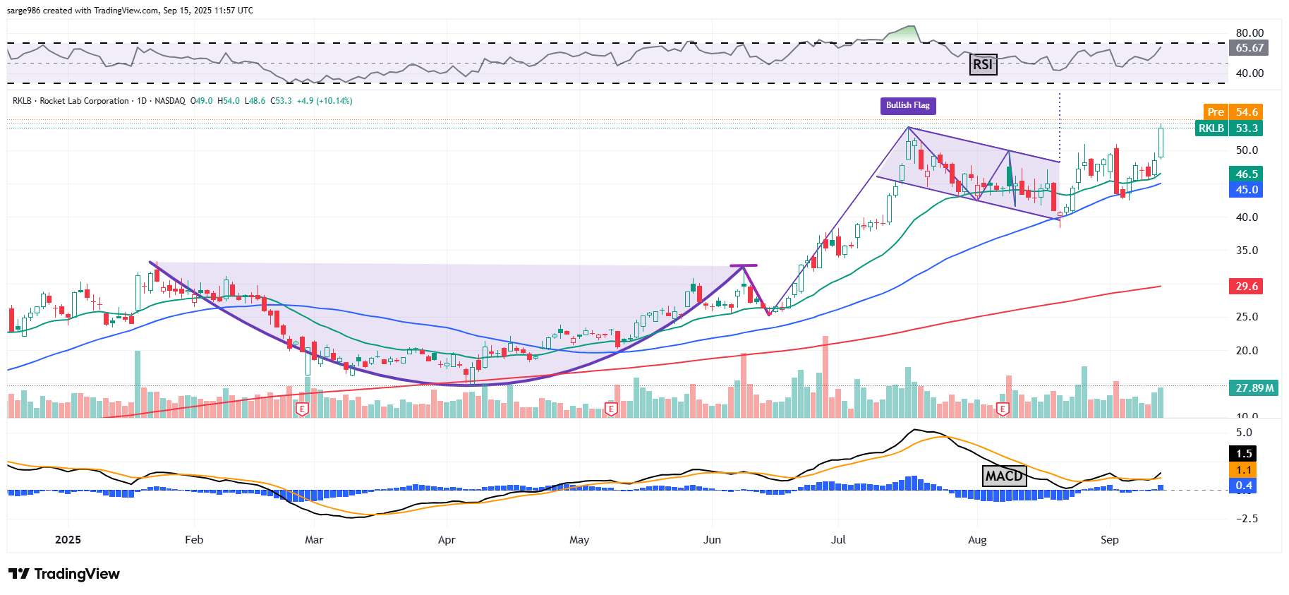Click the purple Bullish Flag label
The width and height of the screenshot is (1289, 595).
[907, 105]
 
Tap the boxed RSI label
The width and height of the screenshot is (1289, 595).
[982, 64]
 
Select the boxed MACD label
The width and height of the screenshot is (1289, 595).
[1004, 476]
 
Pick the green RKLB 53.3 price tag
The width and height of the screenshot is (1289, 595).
[1229, 128]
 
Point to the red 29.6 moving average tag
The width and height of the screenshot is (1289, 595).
[1246, 286]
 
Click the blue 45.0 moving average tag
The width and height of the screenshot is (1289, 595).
[1246, 189]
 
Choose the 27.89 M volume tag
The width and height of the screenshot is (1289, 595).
[1254, 387]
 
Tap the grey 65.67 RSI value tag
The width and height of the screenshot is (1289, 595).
[1249, 47]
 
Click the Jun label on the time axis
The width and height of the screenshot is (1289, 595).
[712, 539]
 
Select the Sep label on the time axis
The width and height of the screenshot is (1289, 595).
[1109, 539]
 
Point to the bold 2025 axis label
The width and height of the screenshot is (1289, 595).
[68, 539]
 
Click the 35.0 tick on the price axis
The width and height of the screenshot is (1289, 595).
[1247, 250]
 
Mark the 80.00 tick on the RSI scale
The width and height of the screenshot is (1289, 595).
[1249, 32]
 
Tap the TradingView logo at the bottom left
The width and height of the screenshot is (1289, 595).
[64, 574]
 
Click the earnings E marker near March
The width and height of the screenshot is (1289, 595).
[302, 409]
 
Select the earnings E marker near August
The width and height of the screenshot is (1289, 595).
[1003, 409]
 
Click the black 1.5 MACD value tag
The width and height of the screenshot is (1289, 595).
[1244, 453]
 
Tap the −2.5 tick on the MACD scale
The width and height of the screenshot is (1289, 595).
[1247, 518]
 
